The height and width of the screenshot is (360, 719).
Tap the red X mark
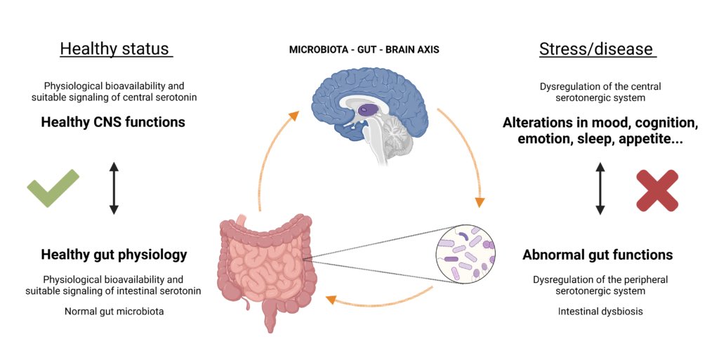click(657, 189)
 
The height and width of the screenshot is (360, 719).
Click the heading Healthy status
click(115, 49)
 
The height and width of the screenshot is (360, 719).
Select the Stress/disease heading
click(596, 49)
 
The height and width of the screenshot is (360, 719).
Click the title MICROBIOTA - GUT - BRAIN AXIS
click(358, 51)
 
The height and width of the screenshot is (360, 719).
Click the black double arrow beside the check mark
click(113, 187)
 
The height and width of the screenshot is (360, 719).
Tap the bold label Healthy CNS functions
click(113, 122)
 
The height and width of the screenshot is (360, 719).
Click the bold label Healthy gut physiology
click(114, 254)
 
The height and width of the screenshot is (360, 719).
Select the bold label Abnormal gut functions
click(598, 255)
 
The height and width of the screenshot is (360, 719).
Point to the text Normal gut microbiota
click(114, 311)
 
